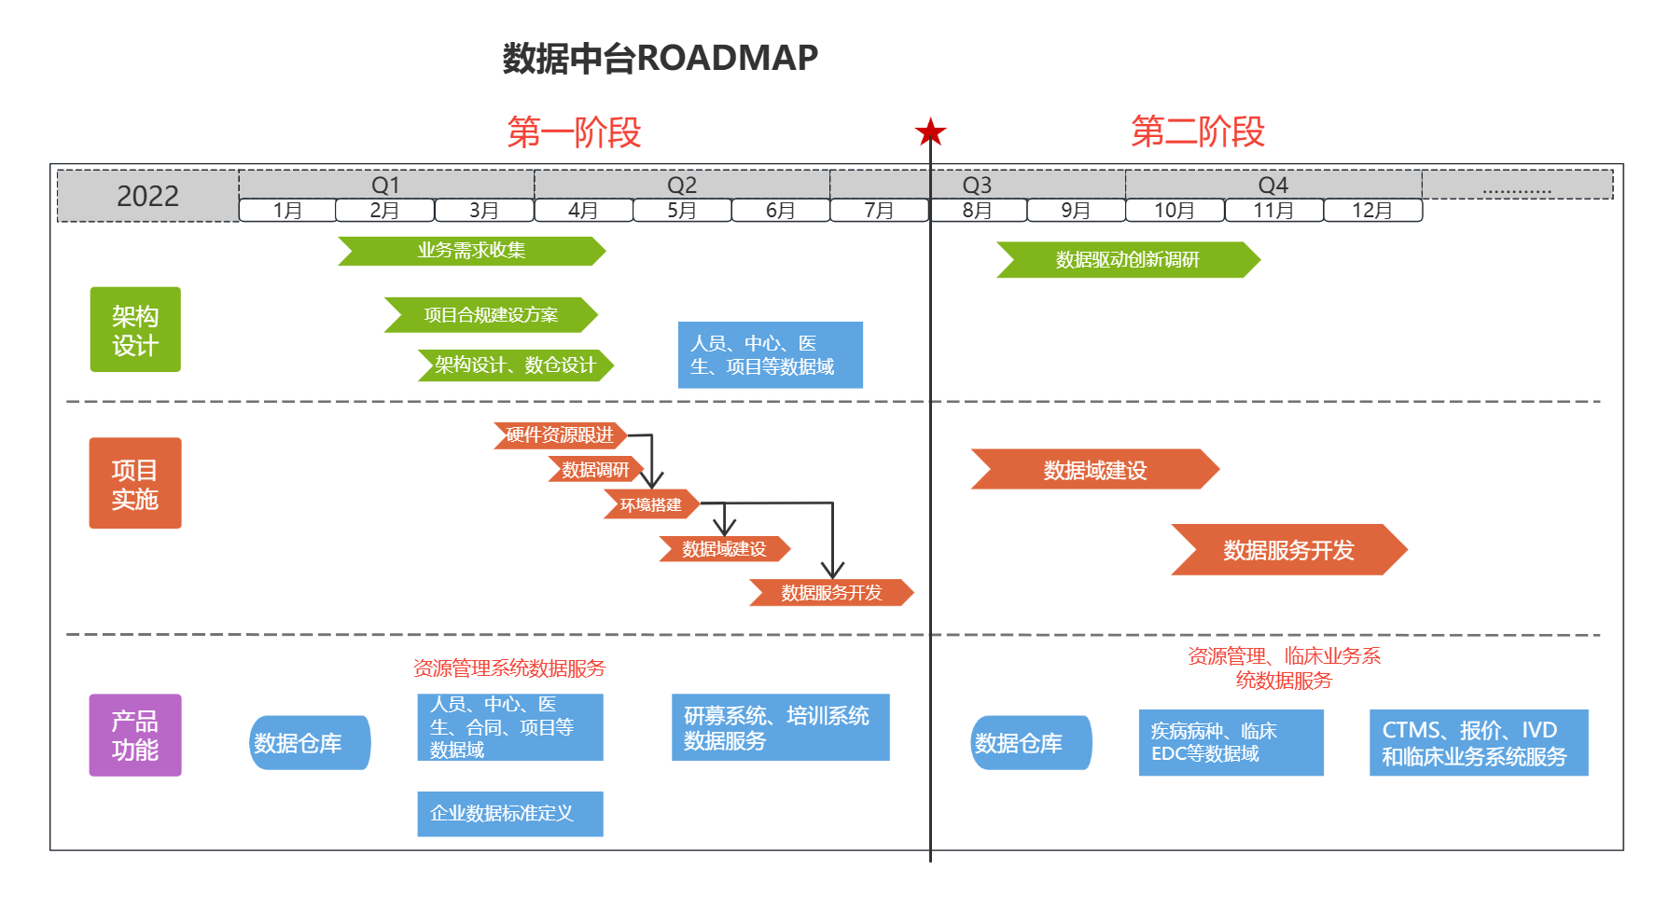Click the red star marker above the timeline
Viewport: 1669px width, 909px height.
[x=930, y=132]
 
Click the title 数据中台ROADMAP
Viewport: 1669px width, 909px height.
[x=661, y=58]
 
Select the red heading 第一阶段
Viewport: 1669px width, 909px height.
[x=574, y=132]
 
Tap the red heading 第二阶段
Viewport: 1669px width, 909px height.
[x=1198, y=131]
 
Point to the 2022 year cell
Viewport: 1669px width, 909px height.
[x=147, y=196]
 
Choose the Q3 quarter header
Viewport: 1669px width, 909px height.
[x=977, y=185]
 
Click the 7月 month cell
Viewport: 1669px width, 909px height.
[x=879, y=211]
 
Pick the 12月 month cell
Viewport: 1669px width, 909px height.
[x=1372, y=211]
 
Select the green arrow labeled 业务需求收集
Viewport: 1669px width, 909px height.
[x=471, y=251]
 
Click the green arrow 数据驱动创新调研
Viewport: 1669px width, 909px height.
[x=1128, y=260]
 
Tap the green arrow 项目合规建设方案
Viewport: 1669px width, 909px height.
[x=491, y=315]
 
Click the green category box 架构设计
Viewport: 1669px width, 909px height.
[x=135, y=330]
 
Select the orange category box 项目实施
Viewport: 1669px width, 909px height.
[x=135, y=483]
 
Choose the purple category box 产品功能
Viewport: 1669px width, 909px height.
[x=135, y=736]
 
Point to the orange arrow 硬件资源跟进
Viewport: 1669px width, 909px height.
[x=560, y=435]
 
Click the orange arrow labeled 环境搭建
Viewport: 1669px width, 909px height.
[x=651, y=504]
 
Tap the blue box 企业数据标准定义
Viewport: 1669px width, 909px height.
[x=510, y=814]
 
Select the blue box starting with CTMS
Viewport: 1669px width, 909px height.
[x=1479, y=743]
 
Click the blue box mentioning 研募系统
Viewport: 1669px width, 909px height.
[x=781, y=727]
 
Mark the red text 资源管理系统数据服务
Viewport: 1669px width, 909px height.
[x=509, y=668]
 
